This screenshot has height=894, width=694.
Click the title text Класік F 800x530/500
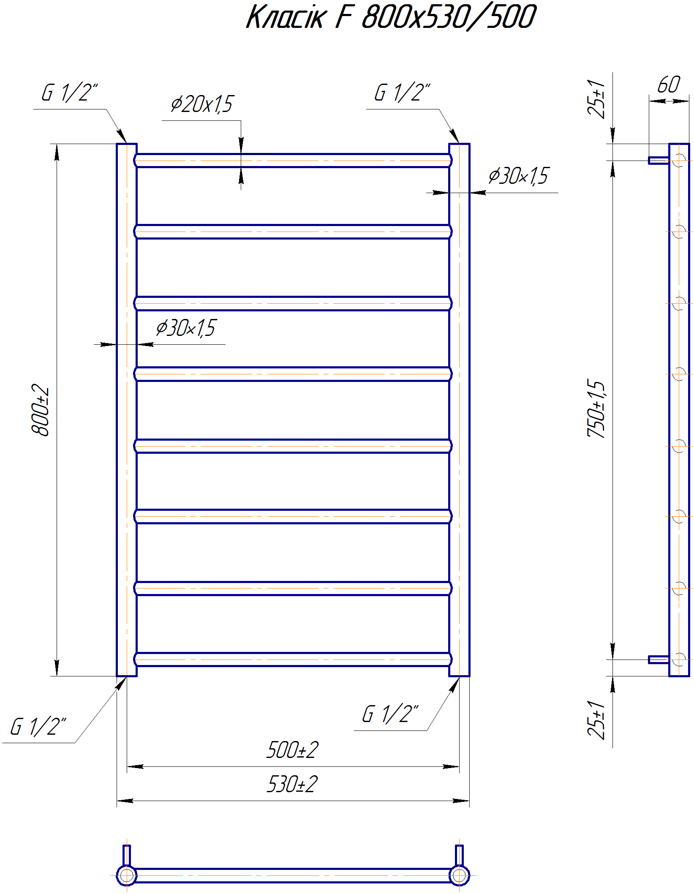(x=391, y=17)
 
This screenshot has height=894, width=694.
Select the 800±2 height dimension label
(x=41, y=410)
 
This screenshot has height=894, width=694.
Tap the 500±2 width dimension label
(x=292, y=750)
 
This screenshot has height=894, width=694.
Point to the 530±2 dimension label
(x=292, y=784)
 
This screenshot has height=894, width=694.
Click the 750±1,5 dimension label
(x=596, y=408)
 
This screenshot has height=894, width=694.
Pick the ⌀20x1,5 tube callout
(x=202, y=104)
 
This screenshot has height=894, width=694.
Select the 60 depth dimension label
(x=669, y=85)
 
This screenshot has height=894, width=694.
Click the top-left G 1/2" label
(x=70, y=93)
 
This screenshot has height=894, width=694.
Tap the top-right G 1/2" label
(x=402, y=93)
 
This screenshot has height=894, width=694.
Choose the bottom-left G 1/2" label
(x=38, y=727)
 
